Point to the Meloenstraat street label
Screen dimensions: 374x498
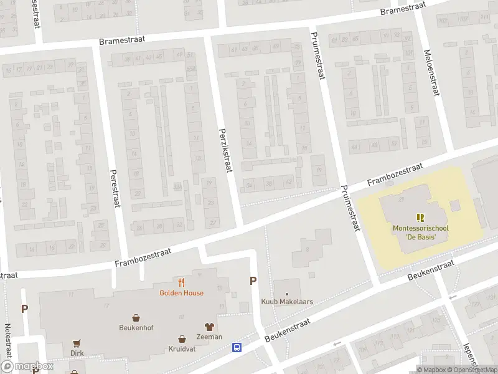(430, 73)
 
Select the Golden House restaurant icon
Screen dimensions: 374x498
(181, 282)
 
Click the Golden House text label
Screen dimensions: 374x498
(181, 293)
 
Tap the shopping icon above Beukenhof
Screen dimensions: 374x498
(136, 317)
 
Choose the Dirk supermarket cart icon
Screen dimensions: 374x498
(77, 342)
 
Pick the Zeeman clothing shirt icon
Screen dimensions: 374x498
(209, 326)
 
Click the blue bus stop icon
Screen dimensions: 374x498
(237, 348)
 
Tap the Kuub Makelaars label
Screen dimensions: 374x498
(286, 302)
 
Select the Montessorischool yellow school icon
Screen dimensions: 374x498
(420, 218)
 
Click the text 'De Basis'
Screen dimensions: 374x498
(420, 237)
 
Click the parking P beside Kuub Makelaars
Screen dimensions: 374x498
(253, 280)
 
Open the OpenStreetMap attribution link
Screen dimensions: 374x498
(474, 370)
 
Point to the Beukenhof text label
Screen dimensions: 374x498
(136, 327)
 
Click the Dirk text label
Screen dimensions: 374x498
(77, 353)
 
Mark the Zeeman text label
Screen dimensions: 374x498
(209, 337)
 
